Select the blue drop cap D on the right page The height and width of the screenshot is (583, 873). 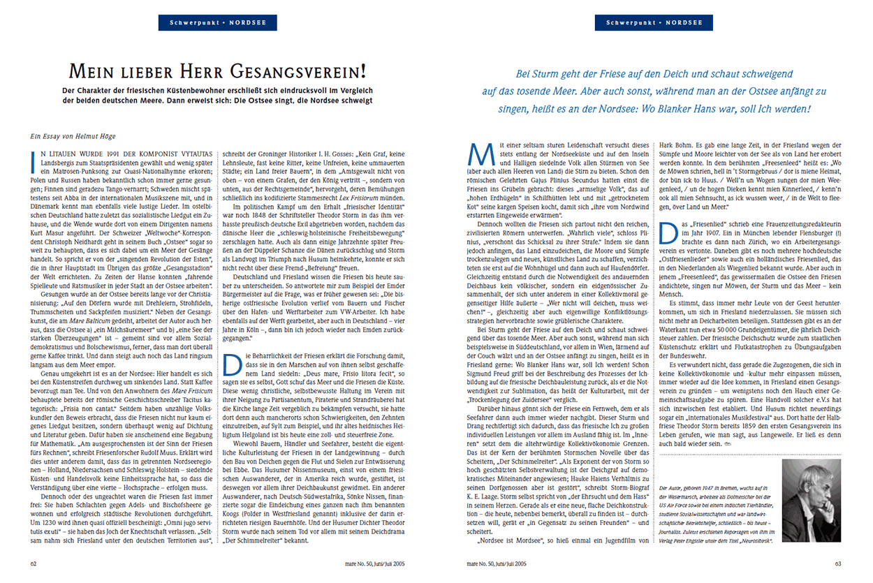click(668, 215)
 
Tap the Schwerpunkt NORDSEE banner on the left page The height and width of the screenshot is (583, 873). click(210, 23)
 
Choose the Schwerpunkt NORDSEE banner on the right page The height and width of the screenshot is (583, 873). click(648, 23)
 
